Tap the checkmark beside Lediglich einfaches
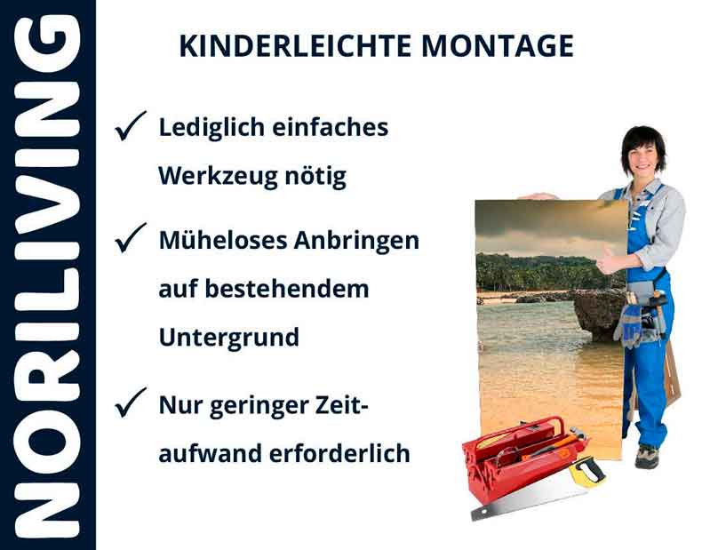click(x=130, y=130)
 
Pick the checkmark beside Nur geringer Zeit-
click(x=130, y=406)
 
